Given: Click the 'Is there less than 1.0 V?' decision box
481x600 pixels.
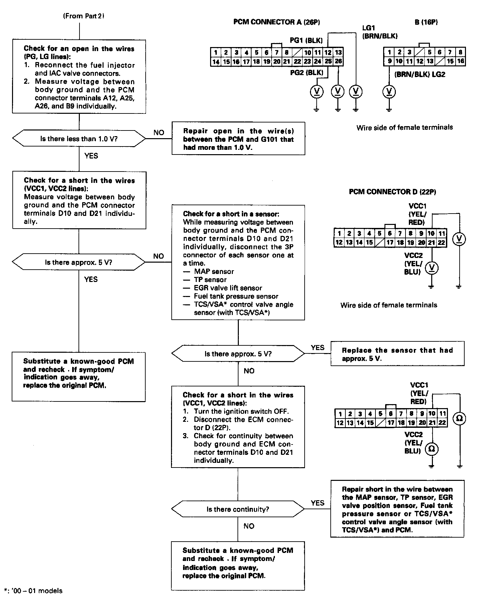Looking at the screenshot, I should (79, 138).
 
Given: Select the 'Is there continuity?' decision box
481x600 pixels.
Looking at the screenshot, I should (238, 509).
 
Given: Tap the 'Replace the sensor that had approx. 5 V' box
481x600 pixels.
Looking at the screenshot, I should (397, 354).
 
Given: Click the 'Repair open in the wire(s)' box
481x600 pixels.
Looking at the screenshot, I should (238, 139).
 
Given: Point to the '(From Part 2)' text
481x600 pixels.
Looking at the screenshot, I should (84, 16).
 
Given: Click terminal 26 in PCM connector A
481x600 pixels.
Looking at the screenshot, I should (338, 61).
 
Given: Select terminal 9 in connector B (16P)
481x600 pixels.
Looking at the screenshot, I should (389, 61).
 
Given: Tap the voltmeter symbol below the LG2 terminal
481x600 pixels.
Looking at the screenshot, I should (389, 91).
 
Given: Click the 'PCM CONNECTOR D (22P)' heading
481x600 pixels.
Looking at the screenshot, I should (392, 192).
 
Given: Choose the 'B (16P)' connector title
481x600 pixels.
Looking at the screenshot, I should (426, 22).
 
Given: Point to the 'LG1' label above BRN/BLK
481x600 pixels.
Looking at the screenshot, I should (369, 28).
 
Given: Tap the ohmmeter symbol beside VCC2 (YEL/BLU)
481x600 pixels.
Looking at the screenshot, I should (432, 449).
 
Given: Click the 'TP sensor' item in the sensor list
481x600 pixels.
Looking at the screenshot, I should (210, 280).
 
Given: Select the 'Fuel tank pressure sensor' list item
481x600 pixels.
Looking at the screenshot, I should (236, 296).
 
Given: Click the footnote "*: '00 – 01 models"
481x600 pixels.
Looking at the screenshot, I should (33, 591).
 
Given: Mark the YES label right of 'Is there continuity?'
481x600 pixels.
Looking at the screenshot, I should (317, 503).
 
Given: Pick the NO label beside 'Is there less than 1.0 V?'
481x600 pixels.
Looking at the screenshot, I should (159, 132).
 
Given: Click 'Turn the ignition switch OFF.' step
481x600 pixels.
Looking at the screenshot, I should (241, 411).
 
